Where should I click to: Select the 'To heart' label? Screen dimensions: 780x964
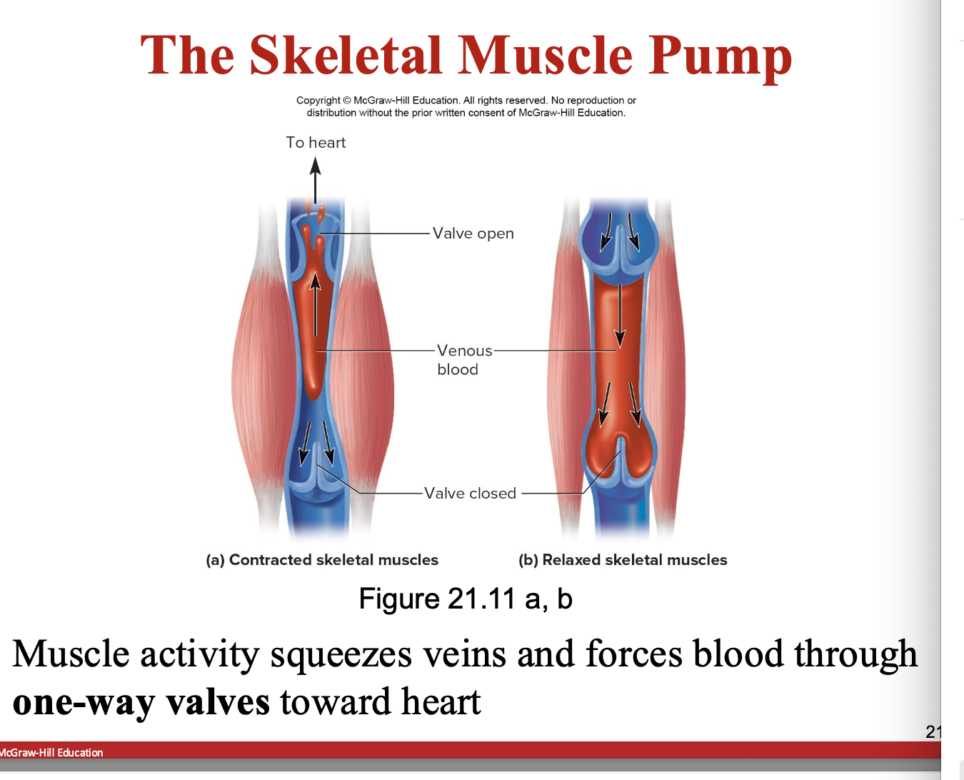(x=316, y=143)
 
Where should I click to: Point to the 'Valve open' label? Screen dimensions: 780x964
(x=473, y=234)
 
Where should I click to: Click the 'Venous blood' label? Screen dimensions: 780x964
(x=464, y=360)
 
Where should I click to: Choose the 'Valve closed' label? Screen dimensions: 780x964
(x=470, y=494)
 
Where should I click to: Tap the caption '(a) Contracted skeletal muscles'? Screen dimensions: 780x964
(x=322, y=560)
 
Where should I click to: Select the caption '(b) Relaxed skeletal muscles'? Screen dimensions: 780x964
(x=623, y=560)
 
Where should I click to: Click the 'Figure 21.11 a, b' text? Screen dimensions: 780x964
(x=466, y=599)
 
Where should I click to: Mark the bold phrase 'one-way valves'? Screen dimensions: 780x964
(x=141, y=702)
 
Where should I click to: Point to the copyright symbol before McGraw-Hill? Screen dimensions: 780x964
(x=347, y=101)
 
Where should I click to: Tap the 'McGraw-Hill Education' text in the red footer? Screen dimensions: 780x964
(x=51, y=753)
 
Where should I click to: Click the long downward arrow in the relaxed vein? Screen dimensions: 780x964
(x=620, y=314)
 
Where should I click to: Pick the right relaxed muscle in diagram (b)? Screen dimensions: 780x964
(x=668, y=371)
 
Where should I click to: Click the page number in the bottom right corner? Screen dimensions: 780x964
(x=933, y=731)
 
